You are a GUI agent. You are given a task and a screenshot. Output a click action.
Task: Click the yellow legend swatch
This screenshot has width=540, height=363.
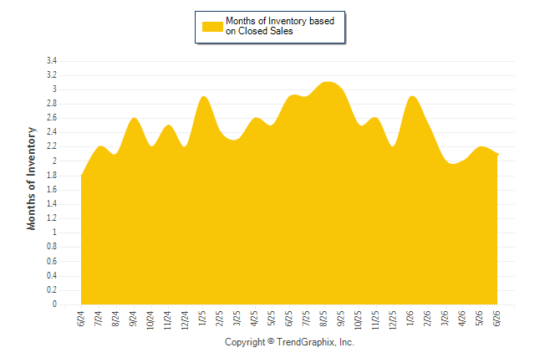(212, 27)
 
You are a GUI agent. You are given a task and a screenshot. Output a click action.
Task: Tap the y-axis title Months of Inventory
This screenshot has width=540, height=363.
(31, 178)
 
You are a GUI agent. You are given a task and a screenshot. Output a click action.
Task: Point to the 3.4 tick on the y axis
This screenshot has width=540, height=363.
(52, 61)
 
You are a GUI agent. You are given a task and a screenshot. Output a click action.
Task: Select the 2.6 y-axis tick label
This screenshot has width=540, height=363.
(52, 118)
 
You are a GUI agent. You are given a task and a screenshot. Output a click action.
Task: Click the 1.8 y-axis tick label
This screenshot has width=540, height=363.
(52, 176)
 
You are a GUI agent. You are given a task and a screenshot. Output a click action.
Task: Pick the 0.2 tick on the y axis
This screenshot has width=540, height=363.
(52, 290)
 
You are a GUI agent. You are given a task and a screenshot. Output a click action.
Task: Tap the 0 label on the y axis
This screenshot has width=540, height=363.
(54, 304)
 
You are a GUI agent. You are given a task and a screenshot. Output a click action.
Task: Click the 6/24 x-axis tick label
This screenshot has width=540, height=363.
(81, 319)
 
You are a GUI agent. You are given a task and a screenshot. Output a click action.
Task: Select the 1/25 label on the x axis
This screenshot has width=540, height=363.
(202, 318)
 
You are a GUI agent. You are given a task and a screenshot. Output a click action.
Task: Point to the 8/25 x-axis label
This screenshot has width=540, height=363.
(323, 319)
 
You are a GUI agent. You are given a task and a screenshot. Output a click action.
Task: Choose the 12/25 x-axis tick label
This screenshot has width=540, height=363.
(393, 320)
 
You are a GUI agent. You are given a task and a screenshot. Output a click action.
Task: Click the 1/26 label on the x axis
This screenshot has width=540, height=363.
(410, 318)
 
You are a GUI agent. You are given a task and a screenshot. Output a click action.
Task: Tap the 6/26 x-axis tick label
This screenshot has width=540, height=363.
(497, 319)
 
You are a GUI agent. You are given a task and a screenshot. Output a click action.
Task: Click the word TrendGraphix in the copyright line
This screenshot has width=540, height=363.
(306, 342)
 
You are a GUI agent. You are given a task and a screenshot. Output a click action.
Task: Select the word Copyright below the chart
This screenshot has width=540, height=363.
(245, 342)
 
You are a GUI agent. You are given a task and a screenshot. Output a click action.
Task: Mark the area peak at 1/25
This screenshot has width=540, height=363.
(203, 96)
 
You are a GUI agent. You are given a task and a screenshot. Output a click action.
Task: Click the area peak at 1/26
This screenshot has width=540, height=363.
(412, 96)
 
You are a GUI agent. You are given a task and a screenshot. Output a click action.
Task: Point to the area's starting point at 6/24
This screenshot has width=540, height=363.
(81, 176)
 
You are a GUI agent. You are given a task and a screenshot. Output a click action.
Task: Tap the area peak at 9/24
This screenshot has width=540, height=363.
(134, 118)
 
